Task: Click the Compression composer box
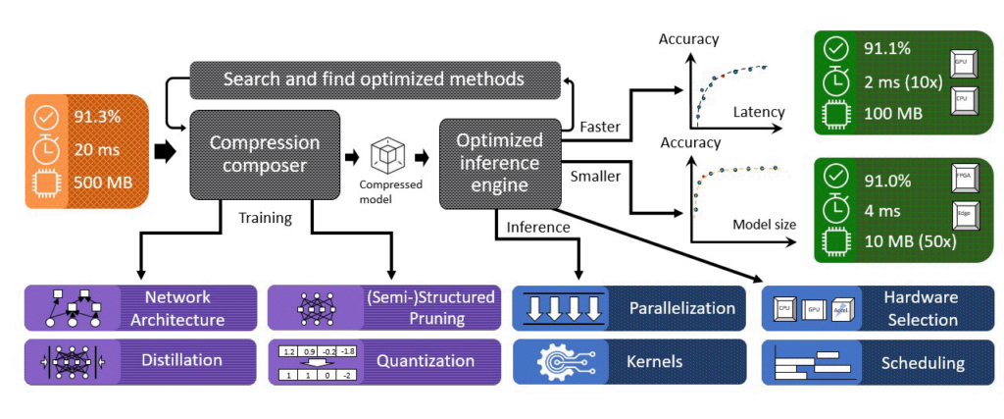(x=264, y=156)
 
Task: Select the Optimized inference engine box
(x=499, y=163)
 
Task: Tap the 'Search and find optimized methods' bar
(x=375, y=79)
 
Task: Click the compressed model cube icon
(x=389, y=155)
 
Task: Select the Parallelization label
(x=681, y=308)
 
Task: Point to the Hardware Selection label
(x=920, y=308)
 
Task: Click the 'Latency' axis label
(x=758, y=113)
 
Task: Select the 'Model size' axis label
(x=762, y=225)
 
